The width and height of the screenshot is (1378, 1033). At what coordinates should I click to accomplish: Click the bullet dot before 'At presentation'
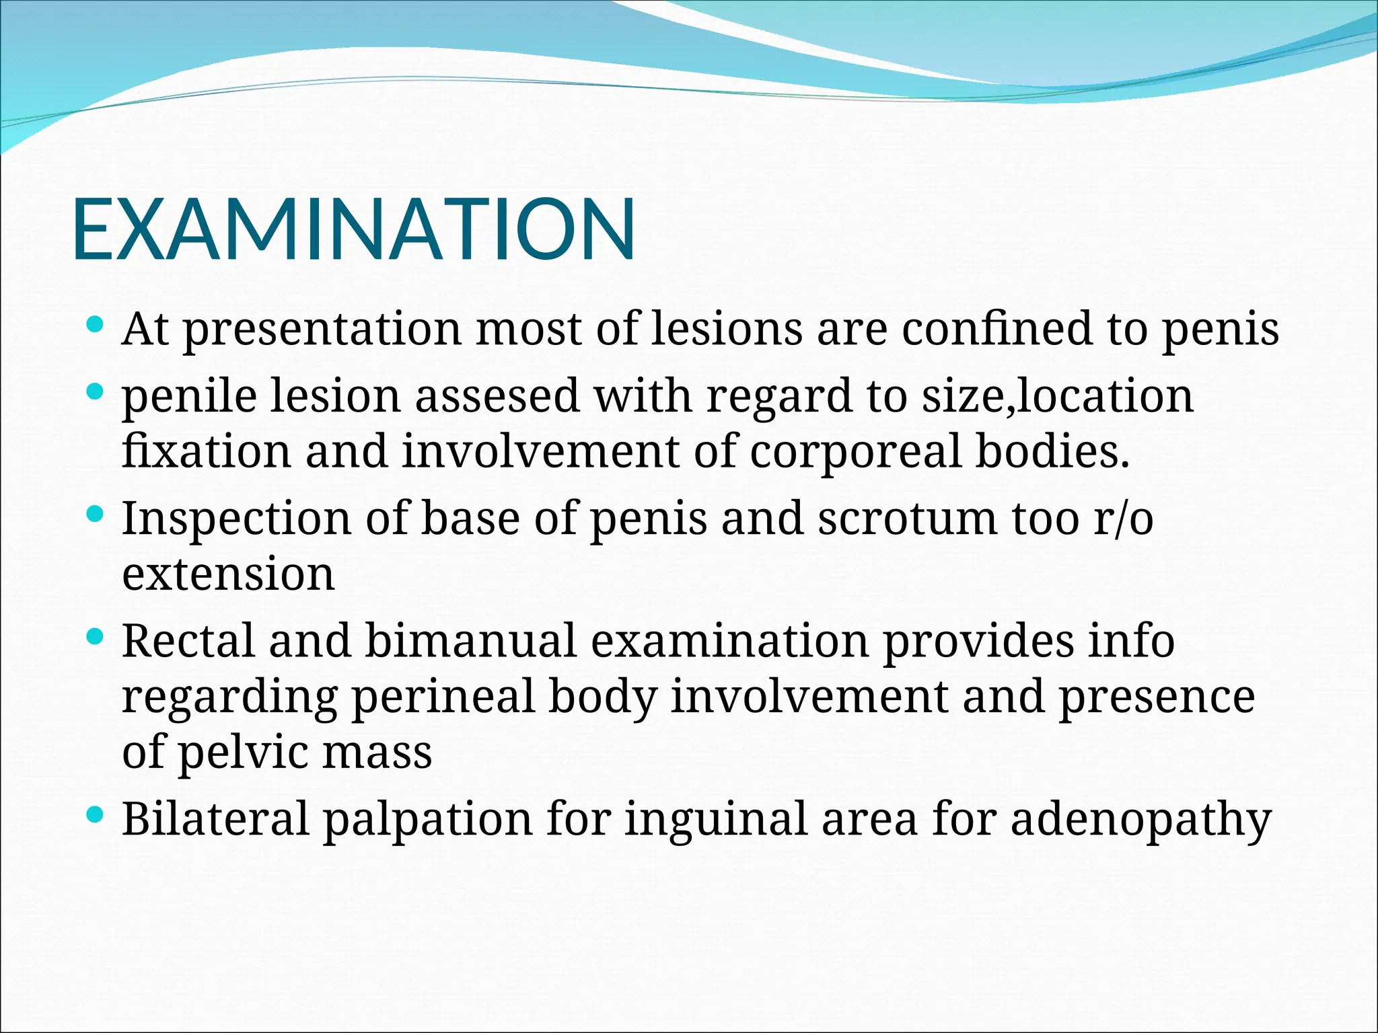pos(96,326)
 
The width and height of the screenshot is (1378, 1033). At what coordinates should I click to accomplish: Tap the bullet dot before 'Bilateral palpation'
pos(96,815)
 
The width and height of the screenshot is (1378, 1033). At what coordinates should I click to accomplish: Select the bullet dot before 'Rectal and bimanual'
pos(96,636)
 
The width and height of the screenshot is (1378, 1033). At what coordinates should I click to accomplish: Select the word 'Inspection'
pos(236,519)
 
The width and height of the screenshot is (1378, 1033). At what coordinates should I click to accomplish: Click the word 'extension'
pos(228,574)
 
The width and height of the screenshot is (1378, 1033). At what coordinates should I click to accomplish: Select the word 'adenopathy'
pos(1140,819)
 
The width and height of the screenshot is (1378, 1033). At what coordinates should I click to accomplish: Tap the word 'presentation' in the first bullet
pos(322,330)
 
